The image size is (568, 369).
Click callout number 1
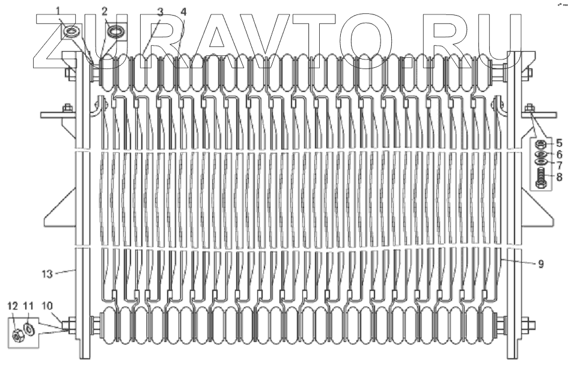(58, 10)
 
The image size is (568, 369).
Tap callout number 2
(105, 11)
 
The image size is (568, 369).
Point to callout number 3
(160, 11)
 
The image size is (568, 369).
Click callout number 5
(559, 143)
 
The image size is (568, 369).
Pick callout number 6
(559, 154)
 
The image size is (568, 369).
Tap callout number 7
(559, 165)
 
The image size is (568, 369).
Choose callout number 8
(559, 177)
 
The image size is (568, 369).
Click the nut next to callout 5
(540, 144)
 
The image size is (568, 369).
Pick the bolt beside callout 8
(540, 178)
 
